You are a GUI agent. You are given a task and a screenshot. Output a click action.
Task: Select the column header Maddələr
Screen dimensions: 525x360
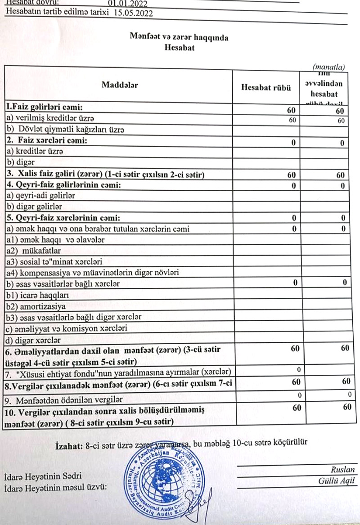pos(120,85)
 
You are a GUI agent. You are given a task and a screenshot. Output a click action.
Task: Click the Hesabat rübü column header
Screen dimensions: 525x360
pos(266,87)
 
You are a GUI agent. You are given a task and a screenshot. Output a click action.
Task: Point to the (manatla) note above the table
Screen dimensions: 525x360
pos(328,67)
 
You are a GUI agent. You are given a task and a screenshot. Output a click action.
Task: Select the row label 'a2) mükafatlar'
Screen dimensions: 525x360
pos(31,250)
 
